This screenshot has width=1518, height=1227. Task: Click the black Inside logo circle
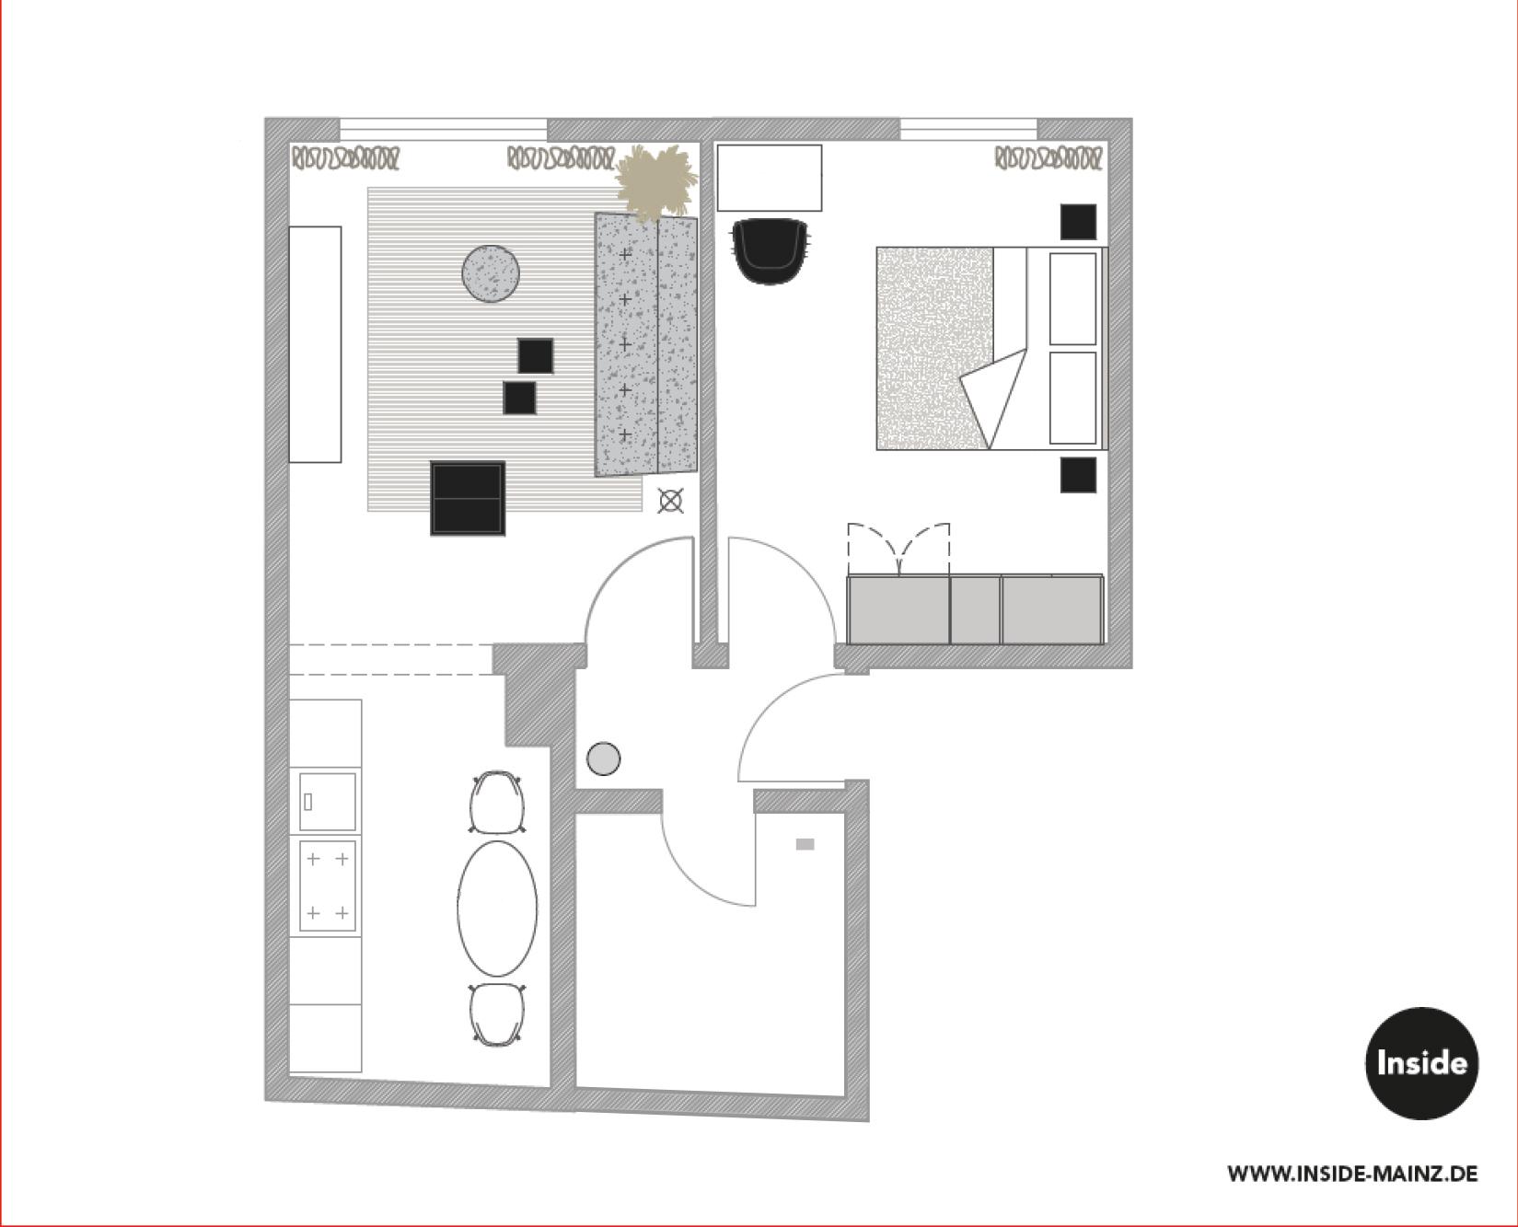tap(1421, 1063)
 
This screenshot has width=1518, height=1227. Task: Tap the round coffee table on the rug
tap(491, 273)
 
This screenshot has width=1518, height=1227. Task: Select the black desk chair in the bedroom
tap(771, 249)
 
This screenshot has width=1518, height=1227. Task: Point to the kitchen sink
tap(327, 801)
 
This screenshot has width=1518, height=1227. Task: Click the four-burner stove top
tap(327, 886)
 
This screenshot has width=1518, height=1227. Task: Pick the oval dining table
tap(497, 909)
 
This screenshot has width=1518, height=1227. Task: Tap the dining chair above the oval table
tap(497, 803)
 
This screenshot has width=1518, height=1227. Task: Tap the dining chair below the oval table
tap(497, 1014)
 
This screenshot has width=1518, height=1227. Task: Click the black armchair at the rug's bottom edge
tap(468, 498)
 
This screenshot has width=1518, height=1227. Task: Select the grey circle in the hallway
tap(603, 758)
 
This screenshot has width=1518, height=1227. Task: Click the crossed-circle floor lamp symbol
tap(671, 502)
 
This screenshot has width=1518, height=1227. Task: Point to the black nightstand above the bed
tap(1078, 222)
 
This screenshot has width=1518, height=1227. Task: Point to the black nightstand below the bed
tap(1078, 475)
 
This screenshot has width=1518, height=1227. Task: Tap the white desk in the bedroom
tap(769, 178)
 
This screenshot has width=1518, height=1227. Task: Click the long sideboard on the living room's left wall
tap(315, 344)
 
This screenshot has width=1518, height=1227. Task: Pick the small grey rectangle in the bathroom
tap(805, 844)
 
